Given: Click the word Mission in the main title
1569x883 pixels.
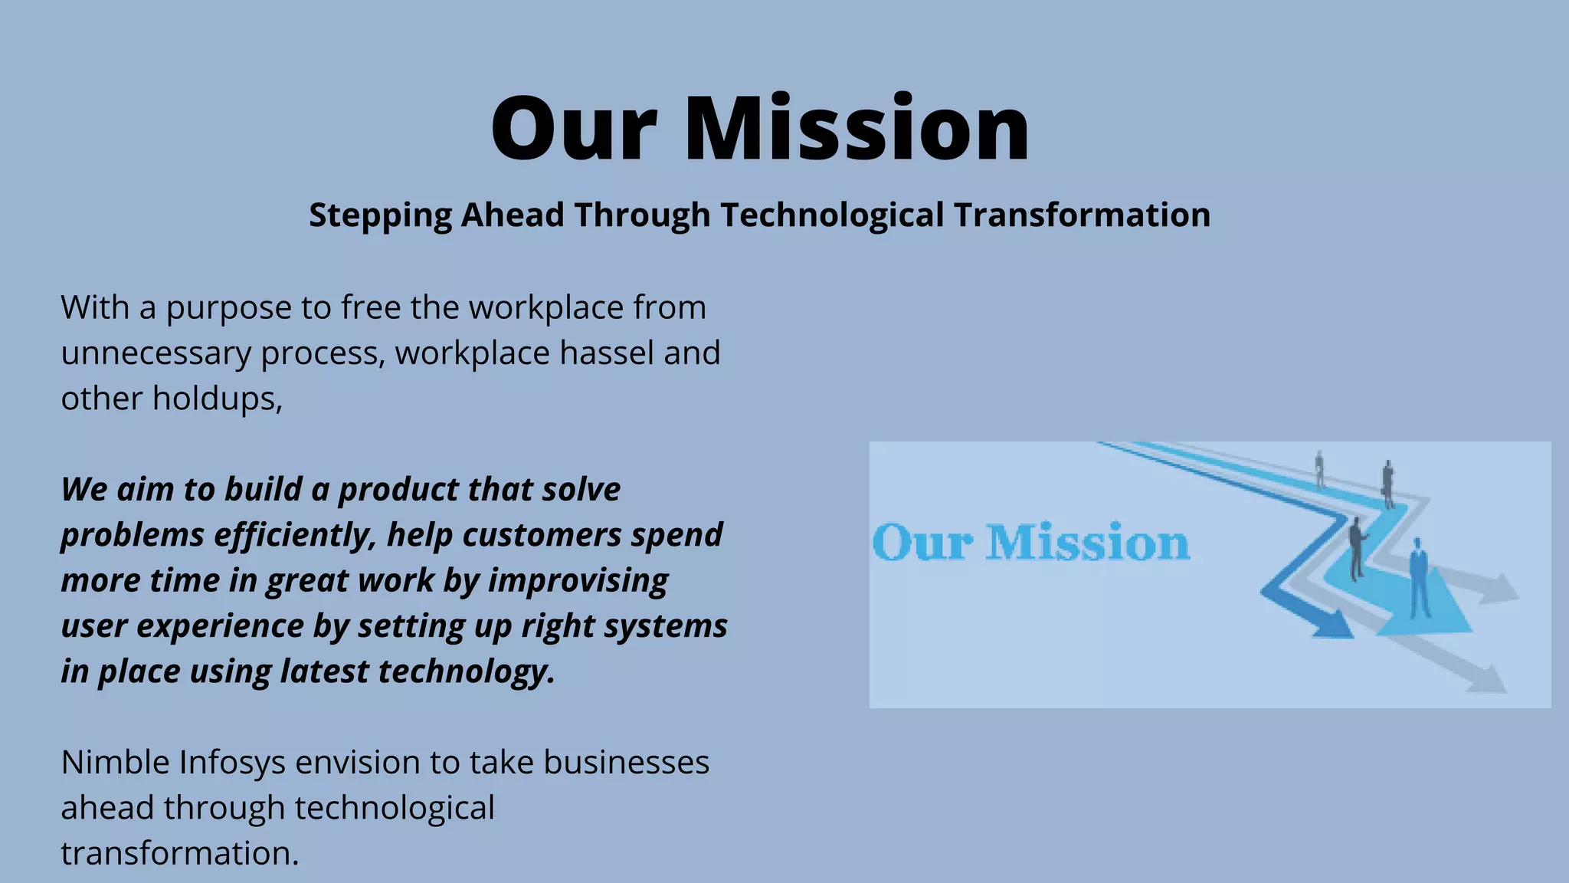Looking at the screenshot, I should [856, 129].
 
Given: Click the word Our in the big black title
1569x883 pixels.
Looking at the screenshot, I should [573, 129].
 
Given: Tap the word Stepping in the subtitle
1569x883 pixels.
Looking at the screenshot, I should [380, 215].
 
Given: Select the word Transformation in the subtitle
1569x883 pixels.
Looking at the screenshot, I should [1082, 215].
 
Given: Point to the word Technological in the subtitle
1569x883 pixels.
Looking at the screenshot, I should [831, 215].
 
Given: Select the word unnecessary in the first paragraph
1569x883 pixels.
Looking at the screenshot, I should [156, 353].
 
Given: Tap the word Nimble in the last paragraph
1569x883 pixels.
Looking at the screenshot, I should [115, 763].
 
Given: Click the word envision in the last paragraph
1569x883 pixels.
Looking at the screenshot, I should [358, 763].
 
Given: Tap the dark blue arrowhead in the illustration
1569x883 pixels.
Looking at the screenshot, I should [1331, 625].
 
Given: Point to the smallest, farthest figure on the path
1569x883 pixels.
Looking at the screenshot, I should [1319, 469].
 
